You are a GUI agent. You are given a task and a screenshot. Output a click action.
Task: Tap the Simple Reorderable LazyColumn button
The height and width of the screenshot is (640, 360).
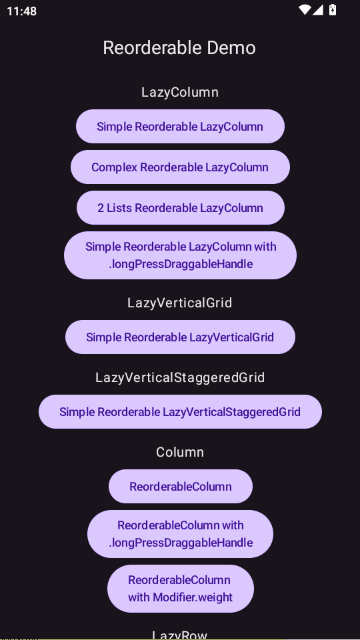pyautogui.click(x=180, y=126)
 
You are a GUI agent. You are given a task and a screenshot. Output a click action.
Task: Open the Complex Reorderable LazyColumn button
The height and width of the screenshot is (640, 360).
pyautogui.click(x=180, y=167)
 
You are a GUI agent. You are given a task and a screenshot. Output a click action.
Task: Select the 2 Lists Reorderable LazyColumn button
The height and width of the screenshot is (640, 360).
pyautogui.click(x=180, y=208)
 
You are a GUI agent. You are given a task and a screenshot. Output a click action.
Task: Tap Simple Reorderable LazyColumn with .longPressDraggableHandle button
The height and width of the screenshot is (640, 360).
pyautogui.click(x=180, y=255)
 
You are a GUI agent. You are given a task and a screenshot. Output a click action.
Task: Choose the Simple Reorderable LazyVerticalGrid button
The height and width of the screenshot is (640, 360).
pyautogui.click(x=180, y=337)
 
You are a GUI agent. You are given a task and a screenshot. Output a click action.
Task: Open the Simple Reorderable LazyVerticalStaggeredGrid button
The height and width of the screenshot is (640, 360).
pyautogui.click(x=180, y=411)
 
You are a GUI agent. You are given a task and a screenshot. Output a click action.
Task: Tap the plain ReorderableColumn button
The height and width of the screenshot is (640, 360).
pyautogui.click(x=180, y=486)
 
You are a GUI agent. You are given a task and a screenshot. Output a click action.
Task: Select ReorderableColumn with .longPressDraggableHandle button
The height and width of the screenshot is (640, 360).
pyautogui.click(x=180, y=534)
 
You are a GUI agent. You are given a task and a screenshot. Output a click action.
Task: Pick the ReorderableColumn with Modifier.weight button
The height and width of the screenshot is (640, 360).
pyautogui.click(x=180, y=589)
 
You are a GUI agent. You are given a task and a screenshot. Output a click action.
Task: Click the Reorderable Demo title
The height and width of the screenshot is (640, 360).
pyautogui.click(x=179, y=48)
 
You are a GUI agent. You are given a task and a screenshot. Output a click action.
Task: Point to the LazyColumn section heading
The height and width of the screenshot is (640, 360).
pyautogui.click(x=180, y=92)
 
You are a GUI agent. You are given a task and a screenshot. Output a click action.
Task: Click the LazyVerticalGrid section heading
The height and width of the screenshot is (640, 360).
pyautogui.click(x=180, y=303)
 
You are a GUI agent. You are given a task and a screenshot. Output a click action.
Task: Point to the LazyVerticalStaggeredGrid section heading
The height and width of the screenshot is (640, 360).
pyautogui.click(x=180, y=377)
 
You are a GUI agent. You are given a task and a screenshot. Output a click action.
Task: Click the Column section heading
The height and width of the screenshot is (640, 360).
pyautogui.click(x=180, y=452)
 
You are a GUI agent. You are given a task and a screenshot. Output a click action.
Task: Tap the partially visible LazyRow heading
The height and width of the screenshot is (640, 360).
pyautogui.click(x=180, y=635)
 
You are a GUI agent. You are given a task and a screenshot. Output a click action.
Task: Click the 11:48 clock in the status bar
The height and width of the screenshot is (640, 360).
pyautogui.click(x=22, y=11)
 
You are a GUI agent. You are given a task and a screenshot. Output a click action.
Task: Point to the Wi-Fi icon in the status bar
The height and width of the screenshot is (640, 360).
pyautogui.click(x=304, y=10)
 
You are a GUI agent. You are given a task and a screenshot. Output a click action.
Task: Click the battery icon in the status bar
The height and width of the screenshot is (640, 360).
pyautogui.click(x=333, y=9)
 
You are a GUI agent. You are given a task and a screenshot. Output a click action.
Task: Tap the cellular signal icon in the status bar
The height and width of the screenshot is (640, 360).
pyautogui.click(x=318, y=10)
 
